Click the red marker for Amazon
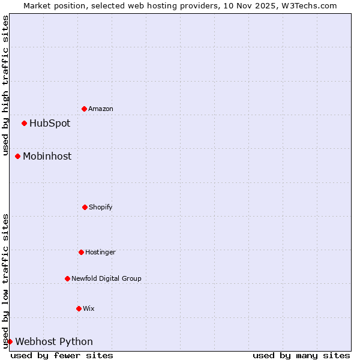(84, 109)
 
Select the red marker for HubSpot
(24, 123)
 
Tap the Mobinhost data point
(17, 156)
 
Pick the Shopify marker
(85, 207)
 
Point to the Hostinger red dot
(81, 252)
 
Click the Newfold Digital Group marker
(67, 278)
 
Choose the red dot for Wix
(79, 308)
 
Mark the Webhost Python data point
(10, 341)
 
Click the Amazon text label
(101, 109)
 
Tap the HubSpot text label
(50, 124)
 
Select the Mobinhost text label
(47, 156)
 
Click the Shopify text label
(101, 207)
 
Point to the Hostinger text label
(100, 252)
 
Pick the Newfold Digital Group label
(106, 278)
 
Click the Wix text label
(89, 308)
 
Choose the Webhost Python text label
(54, 342)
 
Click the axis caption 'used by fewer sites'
(62, 355)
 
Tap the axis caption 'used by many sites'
(301, 355)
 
